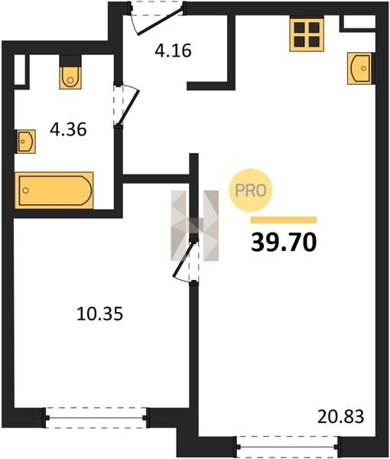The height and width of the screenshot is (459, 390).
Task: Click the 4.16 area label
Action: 173,50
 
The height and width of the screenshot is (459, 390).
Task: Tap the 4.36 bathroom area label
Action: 68,129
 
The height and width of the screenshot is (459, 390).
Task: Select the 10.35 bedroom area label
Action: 99,314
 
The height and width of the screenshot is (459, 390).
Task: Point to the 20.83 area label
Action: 341,416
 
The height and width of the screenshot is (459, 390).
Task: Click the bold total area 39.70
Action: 284,243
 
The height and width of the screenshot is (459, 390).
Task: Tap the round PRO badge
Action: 251,190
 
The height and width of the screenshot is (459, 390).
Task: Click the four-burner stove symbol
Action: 307,34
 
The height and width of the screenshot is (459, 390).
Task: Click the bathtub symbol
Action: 54,190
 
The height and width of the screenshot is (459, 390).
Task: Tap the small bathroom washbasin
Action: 25,142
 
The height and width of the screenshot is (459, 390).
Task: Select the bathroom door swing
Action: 126,106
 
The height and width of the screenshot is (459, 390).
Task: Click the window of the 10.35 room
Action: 96,418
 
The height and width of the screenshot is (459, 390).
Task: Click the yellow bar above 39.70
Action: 284,220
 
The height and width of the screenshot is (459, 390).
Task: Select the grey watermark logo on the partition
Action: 195,226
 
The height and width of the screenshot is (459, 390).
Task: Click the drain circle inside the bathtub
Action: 26,190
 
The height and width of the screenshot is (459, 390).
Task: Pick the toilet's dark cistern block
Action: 70,61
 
